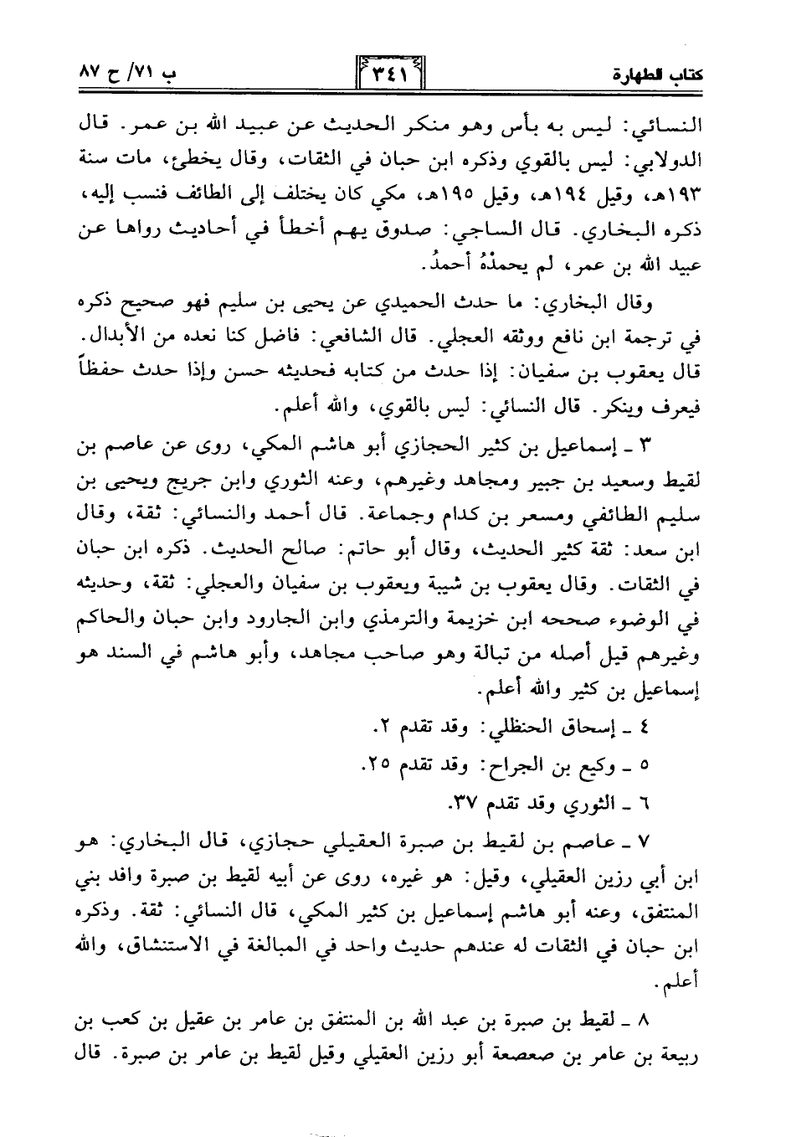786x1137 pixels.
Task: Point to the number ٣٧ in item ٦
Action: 464,802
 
